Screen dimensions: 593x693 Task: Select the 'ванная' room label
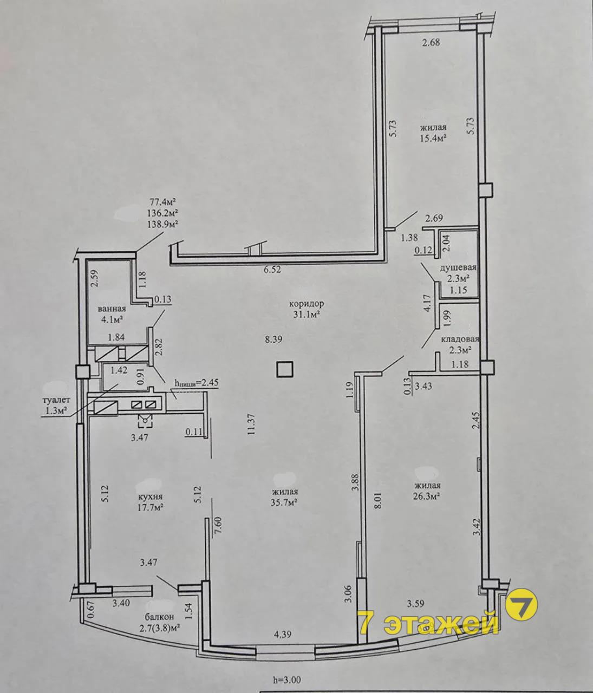pyautogui.click(x=112, y=309)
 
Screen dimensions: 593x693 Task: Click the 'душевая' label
pyautogui.click(x=458, y=267)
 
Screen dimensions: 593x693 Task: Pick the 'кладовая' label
pyautogui.click(x=459, y=339)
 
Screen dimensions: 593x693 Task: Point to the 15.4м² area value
pyautogui.click(x=433, y=138)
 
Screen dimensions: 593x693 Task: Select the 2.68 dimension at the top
pyautogui.click(x=431, y=43)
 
